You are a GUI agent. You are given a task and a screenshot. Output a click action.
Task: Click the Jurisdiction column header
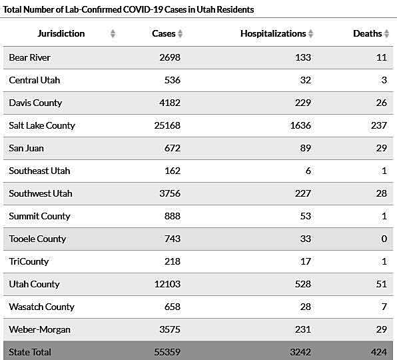(x=61, y=34)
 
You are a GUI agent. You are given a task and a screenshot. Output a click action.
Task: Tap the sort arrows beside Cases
(x=180, y=33)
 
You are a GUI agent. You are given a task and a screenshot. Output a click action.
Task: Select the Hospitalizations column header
(x=273, y=34)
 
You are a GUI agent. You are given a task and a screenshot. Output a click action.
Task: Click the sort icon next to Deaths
(x=386, y=33)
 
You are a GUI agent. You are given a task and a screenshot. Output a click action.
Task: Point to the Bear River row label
(x=29, y=57)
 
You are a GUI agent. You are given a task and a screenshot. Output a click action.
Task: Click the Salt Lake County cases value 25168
(x=167, y=125)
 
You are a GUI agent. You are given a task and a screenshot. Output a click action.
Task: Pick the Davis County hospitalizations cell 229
(x=303, y=103)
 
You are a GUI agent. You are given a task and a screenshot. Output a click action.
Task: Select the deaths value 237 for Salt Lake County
(x=379, y=125)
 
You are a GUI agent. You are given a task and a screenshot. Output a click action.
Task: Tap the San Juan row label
(x=26, y=148)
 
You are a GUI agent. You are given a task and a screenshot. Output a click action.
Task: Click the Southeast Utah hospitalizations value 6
(x=308, y=171)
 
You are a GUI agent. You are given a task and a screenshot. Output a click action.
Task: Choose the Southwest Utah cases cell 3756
(x=170, y=193)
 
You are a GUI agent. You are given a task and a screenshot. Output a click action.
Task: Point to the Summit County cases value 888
(x=173, y=216)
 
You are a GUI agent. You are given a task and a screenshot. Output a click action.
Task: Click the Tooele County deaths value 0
(x=384, y=239)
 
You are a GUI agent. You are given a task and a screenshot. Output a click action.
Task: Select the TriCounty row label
(x=29, y=261)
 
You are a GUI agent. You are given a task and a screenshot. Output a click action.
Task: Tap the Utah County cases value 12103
(x=167, y=284)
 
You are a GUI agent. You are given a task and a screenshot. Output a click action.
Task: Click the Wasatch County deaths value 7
(x=384, y=307)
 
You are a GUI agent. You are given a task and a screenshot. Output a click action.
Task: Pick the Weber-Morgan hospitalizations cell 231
(x=303, y=329)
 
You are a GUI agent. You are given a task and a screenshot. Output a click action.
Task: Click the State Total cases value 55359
(x=167, y=352)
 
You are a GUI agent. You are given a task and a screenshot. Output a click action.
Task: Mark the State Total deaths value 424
(x=379, y=352)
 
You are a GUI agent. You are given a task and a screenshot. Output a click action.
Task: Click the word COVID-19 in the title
(x=143, y=9)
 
